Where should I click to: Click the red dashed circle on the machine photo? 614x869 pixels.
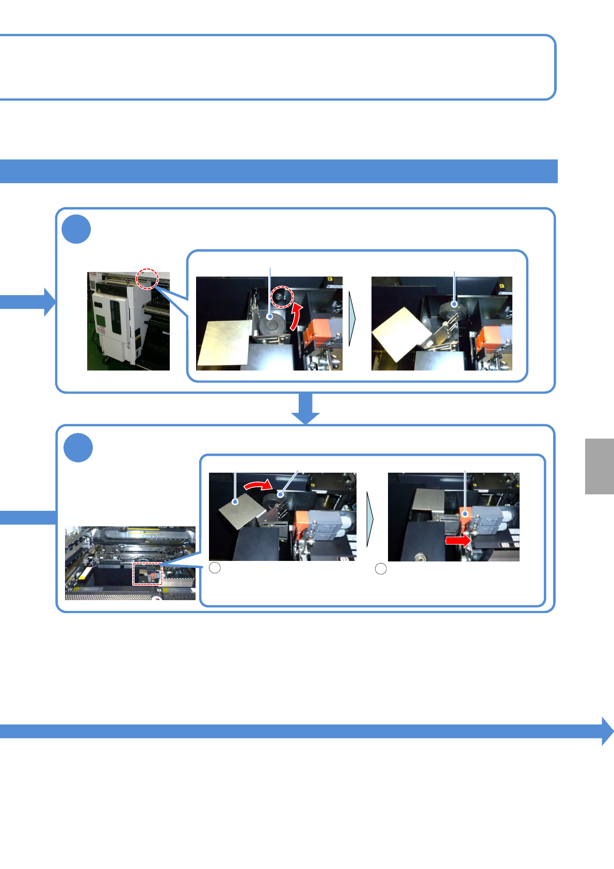(147, 279)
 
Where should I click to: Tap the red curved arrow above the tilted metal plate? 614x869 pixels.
(257, 485)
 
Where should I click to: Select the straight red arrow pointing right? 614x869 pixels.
(458, 540)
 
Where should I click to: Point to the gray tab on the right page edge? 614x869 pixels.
(599, 466)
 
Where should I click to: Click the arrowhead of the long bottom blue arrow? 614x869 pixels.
(607, 731)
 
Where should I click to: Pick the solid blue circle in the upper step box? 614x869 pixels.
(76, 230)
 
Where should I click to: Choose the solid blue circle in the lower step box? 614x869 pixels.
(78, 447)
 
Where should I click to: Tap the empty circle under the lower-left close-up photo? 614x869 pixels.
(215, 568)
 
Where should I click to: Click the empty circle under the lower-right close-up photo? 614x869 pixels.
(381, 569)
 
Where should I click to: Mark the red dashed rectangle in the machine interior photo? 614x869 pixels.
(148, 574)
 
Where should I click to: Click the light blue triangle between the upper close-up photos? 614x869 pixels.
(352, 319)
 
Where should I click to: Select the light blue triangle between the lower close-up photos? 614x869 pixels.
(369, 519)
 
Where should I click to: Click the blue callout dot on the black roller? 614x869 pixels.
(270, 317)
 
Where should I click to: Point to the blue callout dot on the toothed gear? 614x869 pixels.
(454, 304)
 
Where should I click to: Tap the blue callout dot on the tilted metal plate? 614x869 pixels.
(235, 501)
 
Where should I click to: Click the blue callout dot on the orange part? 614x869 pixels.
(465, 514)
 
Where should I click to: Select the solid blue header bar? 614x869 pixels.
(279, 171)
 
